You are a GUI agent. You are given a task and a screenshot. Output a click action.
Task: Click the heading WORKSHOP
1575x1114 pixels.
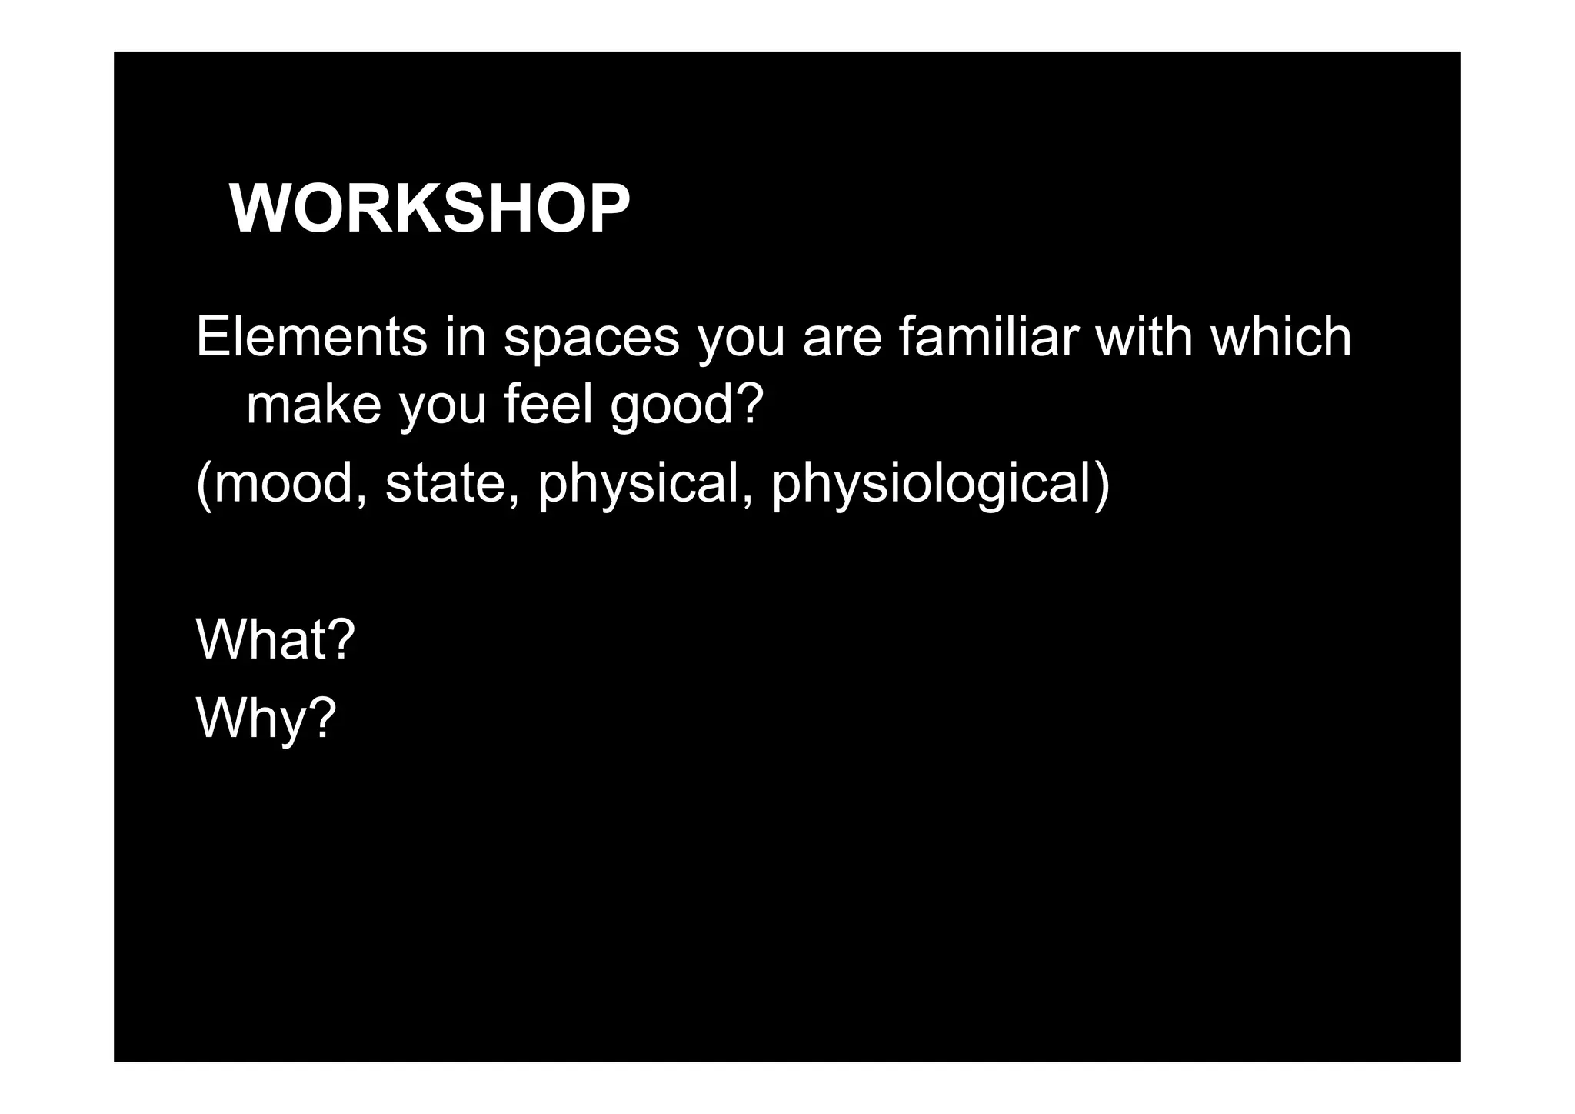click(429, 209)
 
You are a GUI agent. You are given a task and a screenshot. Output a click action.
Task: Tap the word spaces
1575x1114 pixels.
click(591, 339)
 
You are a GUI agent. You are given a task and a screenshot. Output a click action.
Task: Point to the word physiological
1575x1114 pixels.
click(931, 485)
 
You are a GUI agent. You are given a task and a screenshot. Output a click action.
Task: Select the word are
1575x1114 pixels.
click(841, 339)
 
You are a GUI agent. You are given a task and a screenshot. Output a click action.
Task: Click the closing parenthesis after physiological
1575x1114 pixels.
click(1102, 485)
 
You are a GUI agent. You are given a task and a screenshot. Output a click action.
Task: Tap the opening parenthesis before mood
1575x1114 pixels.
click(204, 485)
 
